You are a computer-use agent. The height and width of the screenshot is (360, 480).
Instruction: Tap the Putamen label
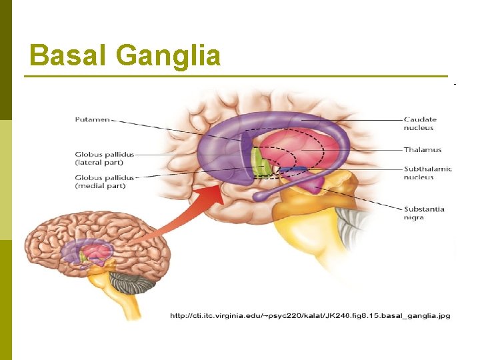coord(92,120)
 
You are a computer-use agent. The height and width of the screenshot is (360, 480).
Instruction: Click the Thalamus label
coord(422,150)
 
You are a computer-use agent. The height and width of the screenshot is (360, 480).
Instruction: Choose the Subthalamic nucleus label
coord(427,173)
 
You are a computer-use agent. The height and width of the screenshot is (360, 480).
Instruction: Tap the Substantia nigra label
coord(424,213)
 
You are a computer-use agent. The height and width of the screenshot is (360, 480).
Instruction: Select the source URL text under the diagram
coord(310,315)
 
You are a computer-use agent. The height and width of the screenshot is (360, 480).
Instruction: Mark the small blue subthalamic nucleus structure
coord(293,171)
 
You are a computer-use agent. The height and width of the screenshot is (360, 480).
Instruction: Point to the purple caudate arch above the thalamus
coord(293,120)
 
